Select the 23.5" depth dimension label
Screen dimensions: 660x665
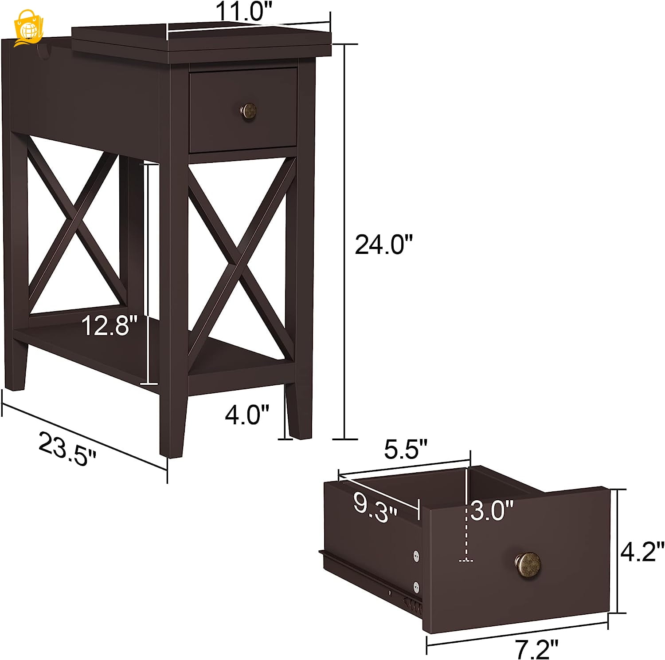pyautogui.click(x=67, y=449)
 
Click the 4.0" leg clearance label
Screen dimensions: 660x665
pyautogui.click(x=247, y=415)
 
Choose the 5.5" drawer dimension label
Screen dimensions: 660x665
pyautogui.click(x=405, y=449)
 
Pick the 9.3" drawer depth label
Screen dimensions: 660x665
pyautogui.click(x=375, y=507)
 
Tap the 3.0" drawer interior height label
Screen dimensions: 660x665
pyautogui.click(x=492, y=510)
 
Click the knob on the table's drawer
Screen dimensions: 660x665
pyautogui.click(x=248, y=111)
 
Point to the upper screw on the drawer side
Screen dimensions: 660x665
pyautogui.click(x=416, y=555)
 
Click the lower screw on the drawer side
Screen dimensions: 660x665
pyautogui.click(x=416, y=587)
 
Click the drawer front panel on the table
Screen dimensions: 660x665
pyautogui.click(x=243, y=110)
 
